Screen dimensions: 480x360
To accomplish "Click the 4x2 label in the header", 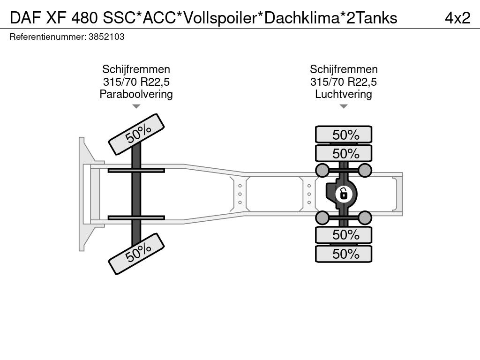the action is tap(457, 18).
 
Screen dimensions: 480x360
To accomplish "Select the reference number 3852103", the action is tap(106, 37).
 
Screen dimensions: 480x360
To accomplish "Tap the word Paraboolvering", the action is tap(136, 94).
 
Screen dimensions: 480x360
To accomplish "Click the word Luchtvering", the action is tap(344, 94).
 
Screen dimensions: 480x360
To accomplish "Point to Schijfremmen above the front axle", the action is tap(136, 69).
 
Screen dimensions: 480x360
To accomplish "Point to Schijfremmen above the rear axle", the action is tap(344, 69).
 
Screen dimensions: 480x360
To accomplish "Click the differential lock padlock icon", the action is tap(344, 194).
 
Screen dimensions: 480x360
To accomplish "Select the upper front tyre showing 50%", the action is tap(136, 135).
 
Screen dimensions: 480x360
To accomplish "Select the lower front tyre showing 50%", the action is tap(136, 254).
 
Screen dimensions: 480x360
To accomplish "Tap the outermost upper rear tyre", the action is tap(344, 135).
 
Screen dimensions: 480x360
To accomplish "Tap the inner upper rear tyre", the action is tap(344, 153).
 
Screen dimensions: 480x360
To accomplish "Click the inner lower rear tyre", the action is tap(344, 235).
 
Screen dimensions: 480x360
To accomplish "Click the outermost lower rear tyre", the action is tap(344, 254).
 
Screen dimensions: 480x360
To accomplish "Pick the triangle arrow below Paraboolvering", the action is tap(136, 106).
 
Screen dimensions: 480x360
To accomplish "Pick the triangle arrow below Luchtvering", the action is tap(344, 106).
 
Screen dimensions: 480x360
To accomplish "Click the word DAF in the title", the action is tap(25, 18).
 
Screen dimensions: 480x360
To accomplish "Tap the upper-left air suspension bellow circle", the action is tap(322, 170).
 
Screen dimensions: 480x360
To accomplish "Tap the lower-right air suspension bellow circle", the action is tap(365, 218).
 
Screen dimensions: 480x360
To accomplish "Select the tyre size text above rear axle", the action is tap(344, 82).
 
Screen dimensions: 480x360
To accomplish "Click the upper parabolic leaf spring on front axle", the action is tap(136, 171).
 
